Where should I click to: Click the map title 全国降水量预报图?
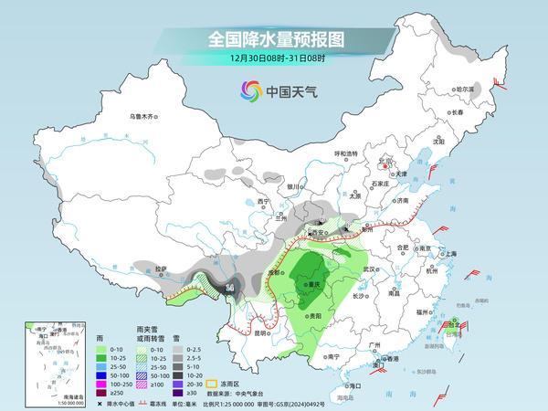pyautogui.click(x=274, y=40)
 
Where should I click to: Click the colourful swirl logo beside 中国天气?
pyautogui.click(x=249, y=90)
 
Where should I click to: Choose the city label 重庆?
pyautogui.click(x=318, y=284)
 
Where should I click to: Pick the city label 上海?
pyautogui.click(x=449, y=254)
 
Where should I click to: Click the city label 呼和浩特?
pyautogui.click(x=348, y=154)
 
